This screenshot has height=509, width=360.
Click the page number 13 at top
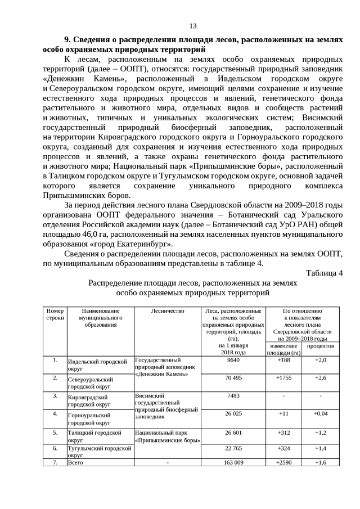(192, 26)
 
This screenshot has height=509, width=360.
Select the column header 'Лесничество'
(168, 311)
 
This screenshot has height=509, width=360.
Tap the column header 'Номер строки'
(55, 314)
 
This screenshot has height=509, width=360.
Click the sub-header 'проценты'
(320, 347)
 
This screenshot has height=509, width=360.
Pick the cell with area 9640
(233, 360)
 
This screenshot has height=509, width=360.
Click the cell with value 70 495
(233, 378)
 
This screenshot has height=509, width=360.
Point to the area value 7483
(233, 395)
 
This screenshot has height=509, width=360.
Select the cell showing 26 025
(233, 413)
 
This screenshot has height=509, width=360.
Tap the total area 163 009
(233, 462)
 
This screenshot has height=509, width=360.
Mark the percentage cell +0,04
(320, 413)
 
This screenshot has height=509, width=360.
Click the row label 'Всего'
(75, 462)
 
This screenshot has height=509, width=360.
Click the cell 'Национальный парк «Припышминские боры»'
(168, 436)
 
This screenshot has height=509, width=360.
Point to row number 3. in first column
(55, 395)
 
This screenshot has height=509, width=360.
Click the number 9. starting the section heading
(68, 40)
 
